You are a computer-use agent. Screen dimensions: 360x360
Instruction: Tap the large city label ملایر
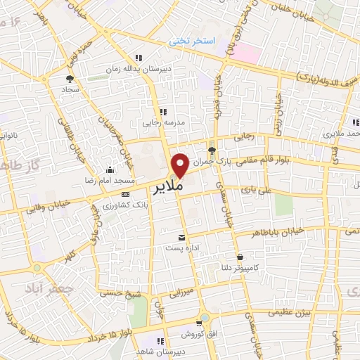tap(168, 188)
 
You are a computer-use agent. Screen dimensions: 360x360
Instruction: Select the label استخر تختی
tap(190, 42)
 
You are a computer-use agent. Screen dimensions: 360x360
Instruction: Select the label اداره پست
tap(183, 248)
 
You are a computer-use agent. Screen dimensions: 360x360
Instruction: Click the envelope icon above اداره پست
tap(183, 237)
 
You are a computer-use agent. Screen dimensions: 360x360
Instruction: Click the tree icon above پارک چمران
tap(212, 149)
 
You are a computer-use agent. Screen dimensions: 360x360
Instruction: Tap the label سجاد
tap(70, 91)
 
